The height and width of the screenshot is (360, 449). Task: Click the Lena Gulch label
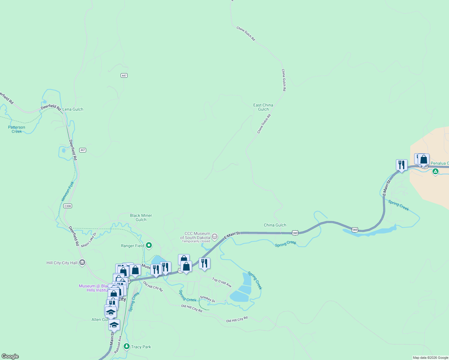(73, 109)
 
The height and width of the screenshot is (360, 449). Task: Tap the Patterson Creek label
(17, 129)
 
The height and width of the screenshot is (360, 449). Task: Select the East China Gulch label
(263, 107)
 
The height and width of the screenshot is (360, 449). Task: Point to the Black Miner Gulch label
(141, 217)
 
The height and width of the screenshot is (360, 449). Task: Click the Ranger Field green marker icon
(149, 246)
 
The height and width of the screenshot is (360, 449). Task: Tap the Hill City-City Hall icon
(82, 262)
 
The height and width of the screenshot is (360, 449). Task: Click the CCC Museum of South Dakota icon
(215, 237)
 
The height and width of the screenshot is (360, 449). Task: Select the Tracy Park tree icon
(127, 346)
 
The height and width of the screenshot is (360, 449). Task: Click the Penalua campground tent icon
(435, 172)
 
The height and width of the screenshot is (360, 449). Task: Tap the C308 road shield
(68, 206)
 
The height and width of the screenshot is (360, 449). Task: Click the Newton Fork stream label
(68, 191)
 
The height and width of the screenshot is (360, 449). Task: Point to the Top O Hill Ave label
(222, 282)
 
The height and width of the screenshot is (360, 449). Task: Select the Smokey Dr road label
(207, 299)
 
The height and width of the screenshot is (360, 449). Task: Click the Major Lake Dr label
(89, 240)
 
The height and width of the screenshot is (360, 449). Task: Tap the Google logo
(10, 356)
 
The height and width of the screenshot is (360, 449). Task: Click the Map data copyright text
(430, 358)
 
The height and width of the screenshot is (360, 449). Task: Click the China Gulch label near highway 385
(275, 225)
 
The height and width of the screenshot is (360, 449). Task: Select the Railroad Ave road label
(118, 344)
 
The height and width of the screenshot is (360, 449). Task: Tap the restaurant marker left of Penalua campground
(402, 165)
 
